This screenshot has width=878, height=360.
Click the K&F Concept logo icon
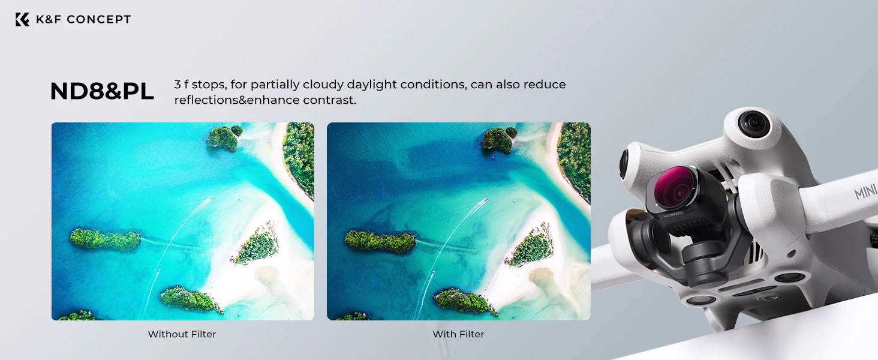click(x=22, y=19)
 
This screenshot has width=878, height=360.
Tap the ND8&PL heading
click(x=102, y=91)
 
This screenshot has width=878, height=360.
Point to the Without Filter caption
click(x=182, y=334)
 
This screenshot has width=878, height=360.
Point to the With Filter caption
click(x=458, y=334)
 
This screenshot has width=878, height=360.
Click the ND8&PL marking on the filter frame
click(x=673, y=214)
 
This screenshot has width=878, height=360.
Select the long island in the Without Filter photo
click(x=105, y=239)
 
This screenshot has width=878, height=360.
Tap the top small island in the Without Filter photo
click(x=224, y=138)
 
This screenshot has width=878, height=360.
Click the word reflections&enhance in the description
click(x=237, y=100)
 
